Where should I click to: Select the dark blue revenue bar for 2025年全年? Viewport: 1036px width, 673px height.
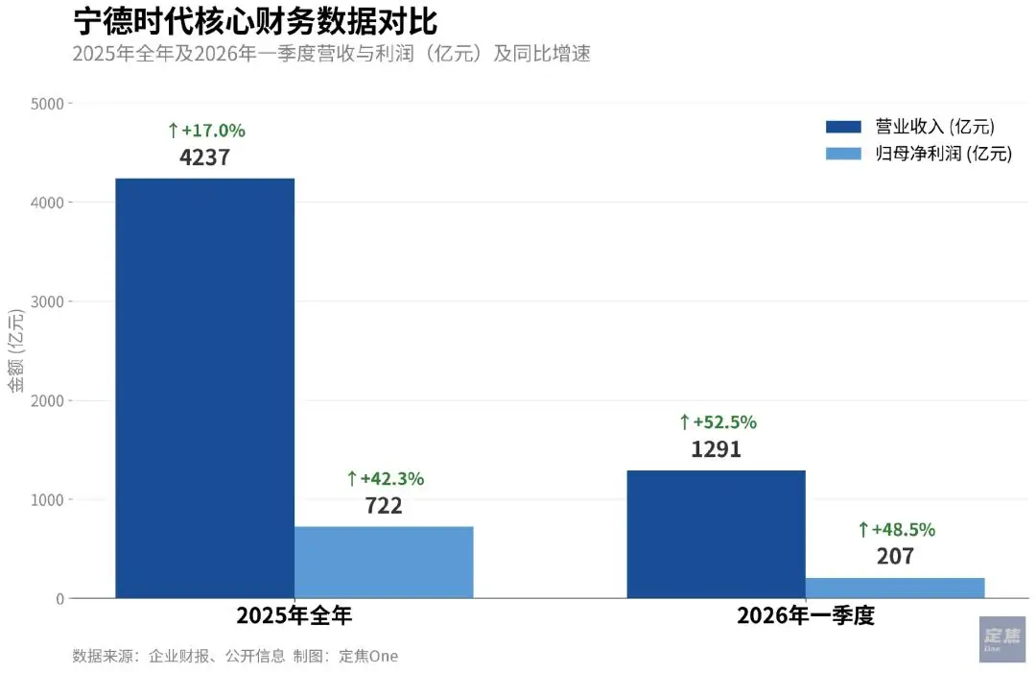(x=204, y=388)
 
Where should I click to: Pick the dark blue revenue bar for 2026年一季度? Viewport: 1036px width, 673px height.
(x=716, y=534)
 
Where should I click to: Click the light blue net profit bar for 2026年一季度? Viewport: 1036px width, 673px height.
(x=895, y=588)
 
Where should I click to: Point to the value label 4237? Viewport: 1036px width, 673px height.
(x=204, y=156)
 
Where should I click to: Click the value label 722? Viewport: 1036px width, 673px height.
(x=384, y=505)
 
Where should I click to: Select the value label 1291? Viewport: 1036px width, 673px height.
(x=716, y=448)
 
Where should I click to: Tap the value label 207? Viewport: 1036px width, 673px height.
(x=895, y=556)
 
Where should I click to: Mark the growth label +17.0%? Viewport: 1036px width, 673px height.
(x=206, y=130)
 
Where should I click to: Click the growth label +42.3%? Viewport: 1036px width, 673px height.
(x=385, y=478)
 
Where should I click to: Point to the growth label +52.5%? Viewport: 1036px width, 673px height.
(x=718, y=421)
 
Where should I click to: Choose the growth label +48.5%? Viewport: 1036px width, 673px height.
(x=896, y=529)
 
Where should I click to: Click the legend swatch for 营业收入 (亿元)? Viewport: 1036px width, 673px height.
(x=844, y=127)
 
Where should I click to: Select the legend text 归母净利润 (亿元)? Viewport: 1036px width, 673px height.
(x=943, y=154)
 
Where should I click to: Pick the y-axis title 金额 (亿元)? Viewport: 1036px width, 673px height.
(x=16, y=350)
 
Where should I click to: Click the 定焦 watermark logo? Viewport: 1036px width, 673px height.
(x=1002, y=638)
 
